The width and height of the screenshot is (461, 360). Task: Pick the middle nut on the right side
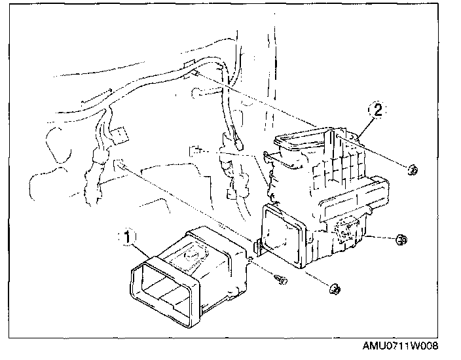coord(401,241)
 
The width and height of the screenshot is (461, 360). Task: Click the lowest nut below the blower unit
coord(333,288)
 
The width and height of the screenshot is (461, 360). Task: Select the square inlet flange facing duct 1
coord(284,236)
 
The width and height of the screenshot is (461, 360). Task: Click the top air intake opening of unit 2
coord(301,141)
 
